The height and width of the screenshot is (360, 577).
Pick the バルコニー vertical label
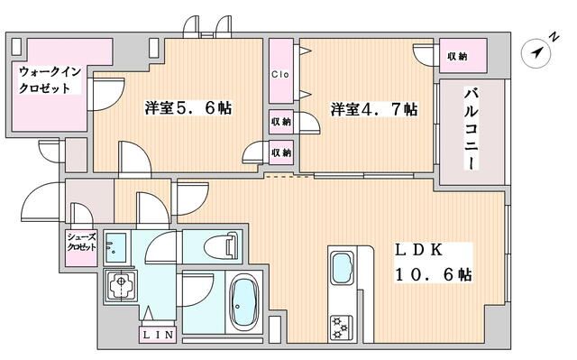click(471, 128)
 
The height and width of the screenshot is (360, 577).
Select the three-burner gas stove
click(343, 326)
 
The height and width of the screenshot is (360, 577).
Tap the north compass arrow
click(538, 52)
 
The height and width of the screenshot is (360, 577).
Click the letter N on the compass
click(553, 38)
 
